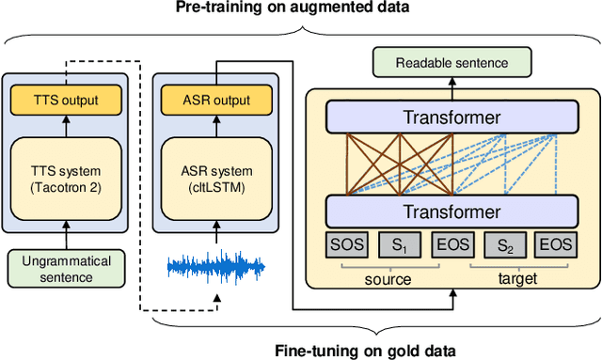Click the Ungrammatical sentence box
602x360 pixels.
(65, 267)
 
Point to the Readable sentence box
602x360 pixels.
(452, 63)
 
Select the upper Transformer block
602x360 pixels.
(452, 117)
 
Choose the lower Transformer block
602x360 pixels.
(452, 211)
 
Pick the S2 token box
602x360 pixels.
(505, 245)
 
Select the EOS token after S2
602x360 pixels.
(557, 245)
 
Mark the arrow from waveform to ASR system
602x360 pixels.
(217, 236)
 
